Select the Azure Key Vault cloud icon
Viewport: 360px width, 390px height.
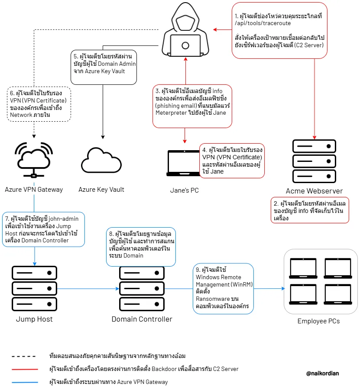pyautogui.click(x=101, y=161)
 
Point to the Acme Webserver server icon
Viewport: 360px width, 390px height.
pyautogui.click(x=314, y=161)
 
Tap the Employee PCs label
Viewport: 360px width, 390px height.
pyautogui.click(x=319, y=321)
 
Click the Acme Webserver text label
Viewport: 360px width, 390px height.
pyautogui.click(x=314, y=191)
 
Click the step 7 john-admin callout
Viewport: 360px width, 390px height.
pyautogui.click(x=43, y=229)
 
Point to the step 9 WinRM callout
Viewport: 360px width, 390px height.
pyautogui.click(x=224, y=289)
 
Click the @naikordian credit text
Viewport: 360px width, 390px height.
pyautogui.click(x=322, y=373)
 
